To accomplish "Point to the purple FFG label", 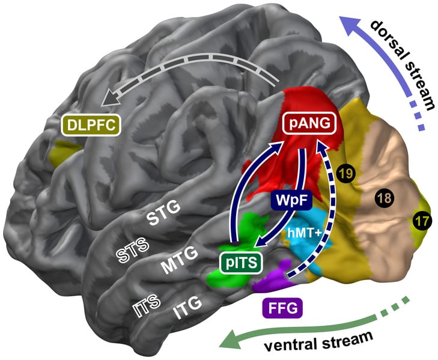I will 282,310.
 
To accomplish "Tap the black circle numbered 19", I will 345,174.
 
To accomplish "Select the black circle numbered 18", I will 384,197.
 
